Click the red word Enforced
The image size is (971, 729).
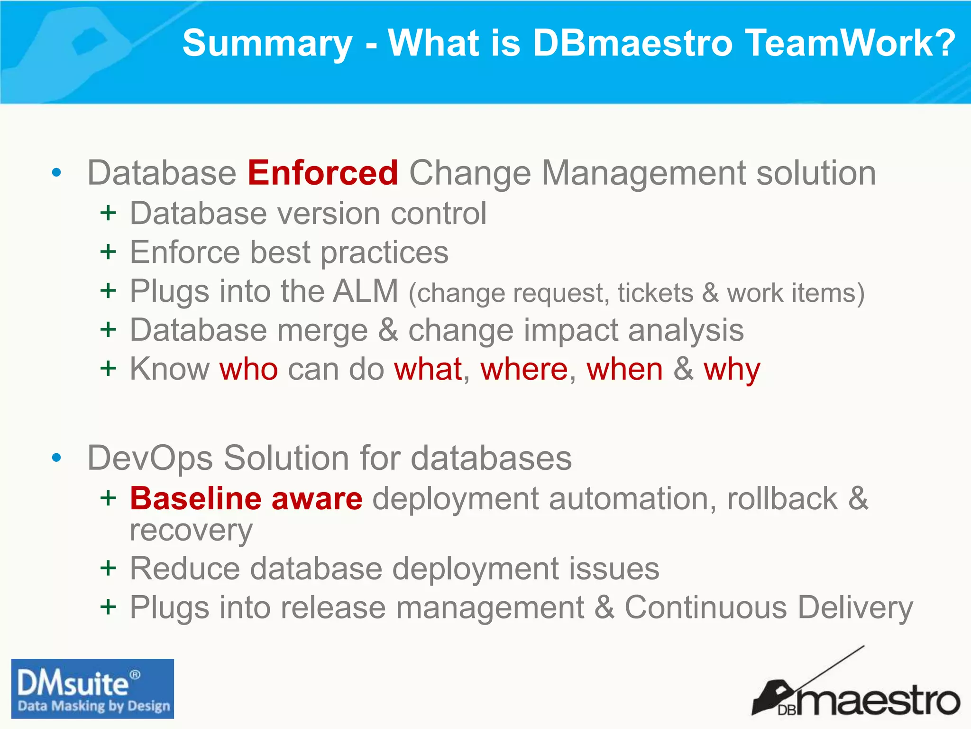coord(322,173)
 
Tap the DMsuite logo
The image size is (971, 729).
coord(92,688)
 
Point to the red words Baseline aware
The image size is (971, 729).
coord(246,499)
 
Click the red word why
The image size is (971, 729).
coord(732,370)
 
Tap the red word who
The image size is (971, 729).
coord(248,370)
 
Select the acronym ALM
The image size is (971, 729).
coord(366,291)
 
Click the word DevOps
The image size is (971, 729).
coord(150,458)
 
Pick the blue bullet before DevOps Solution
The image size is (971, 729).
coord(56,458)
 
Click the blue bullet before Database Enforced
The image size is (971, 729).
coord(56,173)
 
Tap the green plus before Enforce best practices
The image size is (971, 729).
coord(108,252)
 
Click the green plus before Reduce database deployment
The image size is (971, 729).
coord(108,568)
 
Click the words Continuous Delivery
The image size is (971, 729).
coord(768,607)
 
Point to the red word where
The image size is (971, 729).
coord(524,370)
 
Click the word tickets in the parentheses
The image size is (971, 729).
coord(655,293)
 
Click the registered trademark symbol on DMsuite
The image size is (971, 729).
coord(135,674)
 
